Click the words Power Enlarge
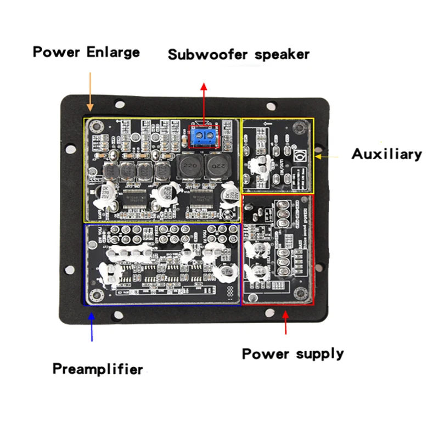pyautogui.click(x=86, y=53)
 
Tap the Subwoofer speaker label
pyautogui.click(x=239, y=54)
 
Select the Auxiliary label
pyautogui.click(x=387, y=154)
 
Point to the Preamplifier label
pyautogui.click(x=98, y=369)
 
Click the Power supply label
pyautogui.click(x=293, y=353)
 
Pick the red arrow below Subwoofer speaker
pyautogui.click(x=204, y=104)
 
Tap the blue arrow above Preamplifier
pyautogui.click(x=92, y=327)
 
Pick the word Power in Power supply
pyautogui.click(x=265, y=353)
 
